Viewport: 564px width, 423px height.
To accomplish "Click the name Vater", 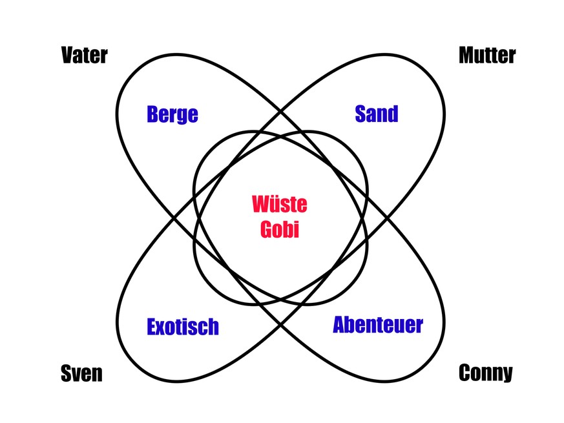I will pyautogui.click(x=84, y=56).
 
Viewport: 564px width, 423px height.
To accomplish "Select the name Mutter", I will pyautogui.click(x=487, y=56).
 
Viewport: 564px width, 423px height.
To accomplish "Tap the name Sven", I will pyautogui.click(x=81, y=373).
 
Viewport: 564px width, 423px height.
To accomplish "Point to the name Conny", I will pyautogui.click(x=486, y=373).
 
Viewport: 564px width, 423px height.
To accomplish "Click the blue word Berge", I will pyautogui.click(x=172, y=115).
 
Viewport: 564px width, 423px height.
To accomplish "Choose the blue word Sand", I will pyautogui.click(x=377, y=114).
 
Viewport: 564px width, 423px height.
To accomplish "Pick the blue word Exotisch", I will pyautogui.click(x=183, y=327).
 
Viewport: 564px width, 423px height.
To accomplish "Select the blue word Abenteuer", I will pyautogui.click(x=378, y=325).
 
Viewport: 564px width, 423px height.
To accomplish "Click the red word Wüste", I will pyautogui.click(x=279, y=205).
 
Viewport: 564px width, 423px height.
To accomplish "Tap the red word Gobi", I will pyautogui.click(x=279, y=229).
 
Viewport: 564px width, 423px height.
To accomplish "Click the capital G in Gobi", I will pyautogui.click(x=266, y=229).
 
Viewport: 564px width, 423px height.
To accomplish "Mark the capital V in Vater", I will pyautogui.click(x=67, y=56).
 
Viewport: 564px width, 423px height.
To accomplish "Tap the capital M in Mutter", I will pyautogui.click(x=467, y=56).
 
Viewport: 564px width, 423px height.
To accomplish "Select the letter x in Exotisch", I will pyautogui.click(x=162, y=327).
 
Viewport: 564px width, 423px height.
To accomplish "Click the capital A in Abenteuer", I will pyautogui.click(x=340, y=325).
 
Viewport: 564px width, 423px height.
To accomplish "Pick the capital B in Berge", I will pyautogui.click(x=152, y=115).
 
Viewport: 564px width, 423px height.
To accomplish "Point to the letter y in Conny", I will pyautogui.click(x=507, y=375).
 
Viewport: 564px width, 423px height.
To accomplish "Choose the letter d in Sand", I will pyautogui.click(x=392, y=114).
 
